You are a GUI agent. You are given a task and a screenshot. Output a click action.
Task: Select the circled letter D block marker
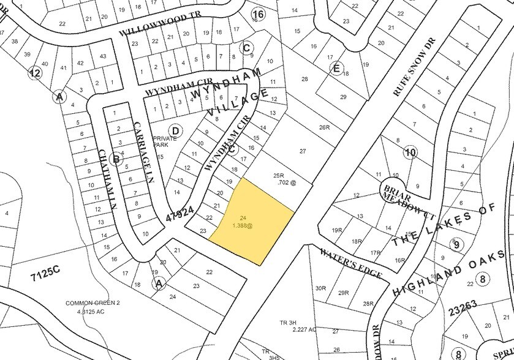[175, 130]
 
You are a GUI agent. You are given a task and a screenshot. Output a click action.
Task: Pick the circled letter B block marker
[115, 160]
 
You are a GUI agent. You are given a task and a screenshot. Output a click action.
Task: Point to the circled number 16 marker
[258, 14]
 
